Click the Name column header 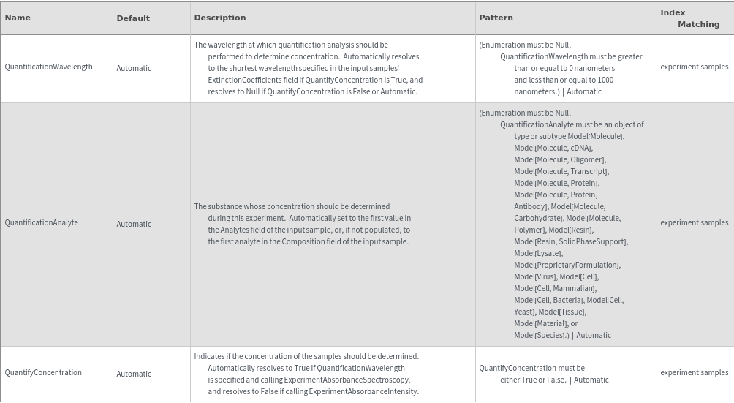(18, 18)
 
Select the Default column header (133, 18)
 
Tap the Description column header (219, 18)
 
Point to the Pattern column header (496, 18)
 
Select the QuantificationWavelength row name (49, 67)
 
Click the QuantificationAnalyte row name (42, 222)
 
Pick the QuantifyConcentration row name (43, 372)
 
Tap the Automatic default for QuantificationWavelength (134, 68)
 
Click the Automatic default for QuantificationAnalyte (134, 224)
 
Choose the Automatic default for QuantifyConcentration (134, 374)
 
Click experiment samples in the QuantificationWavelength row (694, 67)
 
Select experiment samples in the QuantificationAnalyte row (694, 222)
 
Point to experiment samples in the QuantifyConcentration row (694, 372)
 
